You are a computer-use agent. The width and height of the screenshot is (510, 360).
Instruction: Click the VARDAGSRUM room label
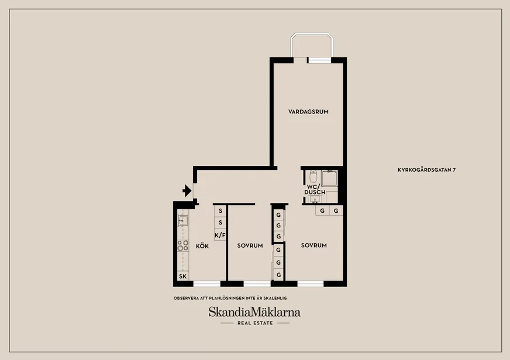308,112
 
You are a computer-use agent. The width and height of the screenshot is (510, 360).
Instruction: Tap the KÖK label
202,246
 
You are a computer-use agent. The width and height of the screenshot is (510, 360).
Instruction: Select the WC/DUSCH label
315,189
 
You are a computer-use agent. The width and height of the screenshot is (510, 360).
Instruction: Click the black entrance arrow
187,191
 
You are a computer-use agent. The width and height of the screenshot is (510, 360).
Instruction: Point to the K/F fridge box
220,235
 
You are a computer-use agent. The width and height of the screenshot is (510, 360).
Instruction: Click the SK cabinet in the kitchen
183,276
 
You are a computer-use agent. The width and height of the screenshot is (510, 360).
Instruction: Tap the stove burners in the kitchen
183,245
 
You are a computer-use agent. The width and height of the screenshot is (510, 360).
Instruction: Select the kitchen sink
183,220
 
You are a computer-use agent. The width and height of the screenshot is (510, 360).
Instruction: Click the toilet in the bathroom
313,176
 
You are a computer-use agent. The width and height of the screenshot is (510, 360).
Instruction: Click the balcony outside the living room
312,45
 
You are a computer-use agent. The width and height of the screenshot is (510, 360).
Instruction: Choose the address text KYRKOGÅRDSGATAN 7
426,169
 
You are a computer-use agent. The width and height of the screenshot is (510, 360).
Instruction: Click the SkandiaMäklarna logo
254,312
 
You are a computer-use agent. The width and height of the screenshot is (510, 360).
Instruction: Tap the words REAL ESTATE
255,323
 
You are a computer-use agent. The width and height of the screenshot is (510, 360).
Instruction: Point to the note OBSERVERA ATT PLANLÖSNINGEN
230,298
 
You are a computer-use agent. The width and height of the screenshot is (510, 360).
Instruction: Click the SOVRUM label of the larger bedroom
314,245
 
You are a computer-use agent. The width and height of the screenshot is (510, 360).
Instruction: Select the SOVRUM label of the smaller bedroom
250,245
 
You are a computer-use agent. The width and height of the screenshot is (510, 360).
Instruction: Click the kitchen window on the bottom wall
207,284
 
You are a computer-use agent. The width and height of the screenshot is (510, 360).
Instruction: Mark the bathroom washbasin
314,199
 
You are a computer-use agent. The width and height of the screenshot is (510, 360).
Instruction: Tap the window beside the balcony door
320,60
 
